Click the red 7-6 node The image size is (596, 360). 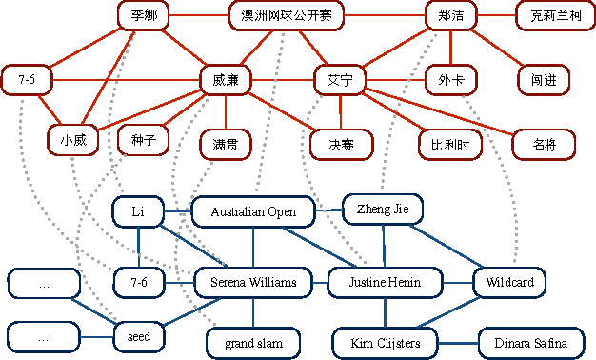pos(27,80)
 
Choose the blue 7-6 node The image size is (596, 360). pos(138,282)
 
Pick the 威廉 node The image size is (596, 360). pos(225,80)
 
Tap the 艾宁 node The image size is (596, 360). pos(339,80)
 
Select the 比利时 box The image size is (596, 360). pos(449,144)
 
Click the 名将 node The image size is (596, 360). pos(544,144)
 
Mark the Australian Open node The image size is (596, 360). pos(253,211)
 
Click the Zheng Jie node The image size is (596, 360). pos(382,209)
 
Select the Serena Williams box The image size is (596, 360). pos(253,282)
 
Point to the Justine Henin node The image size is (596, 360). pos(387,282)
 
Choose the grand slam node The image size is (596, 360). pos(253,341)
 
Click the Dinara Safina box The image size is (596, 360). pos(530,342)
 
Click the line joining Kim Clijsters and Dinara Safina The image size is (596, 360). pos(462,342)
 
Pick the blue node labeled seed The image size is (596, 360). pos(138,336)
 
